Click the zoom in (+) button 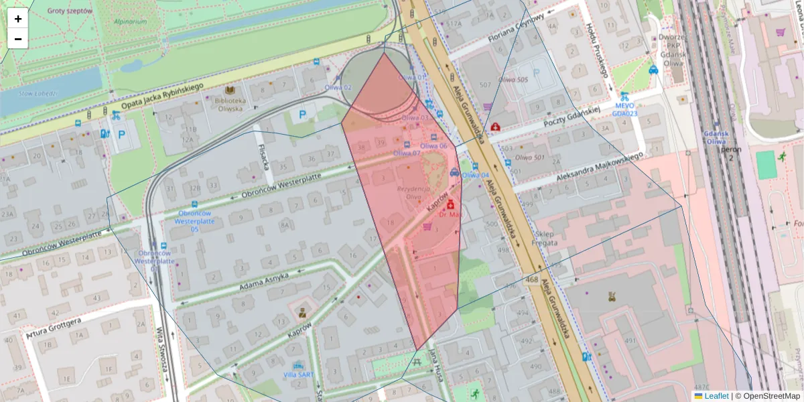pyautogui.click(x=18, y=19)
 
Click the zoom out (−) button pyautogui.click(x=18, y=39)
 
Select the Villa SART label pyautogui.click(x=298, y=375)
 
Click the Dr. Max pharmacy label pyautogui.click(x=450, y=214)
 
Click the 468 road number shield pyautogui.click(x=533, y=279)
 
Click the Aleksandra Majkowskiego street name pyautogui.click(x=600, y=167)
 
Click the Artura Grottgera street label pyautogui.click(x=54, y=328)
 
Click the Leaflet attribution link pyautogui.click(x=716, y=396)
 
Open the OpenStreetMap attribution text pyautogui.click(x=771, y=396)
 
